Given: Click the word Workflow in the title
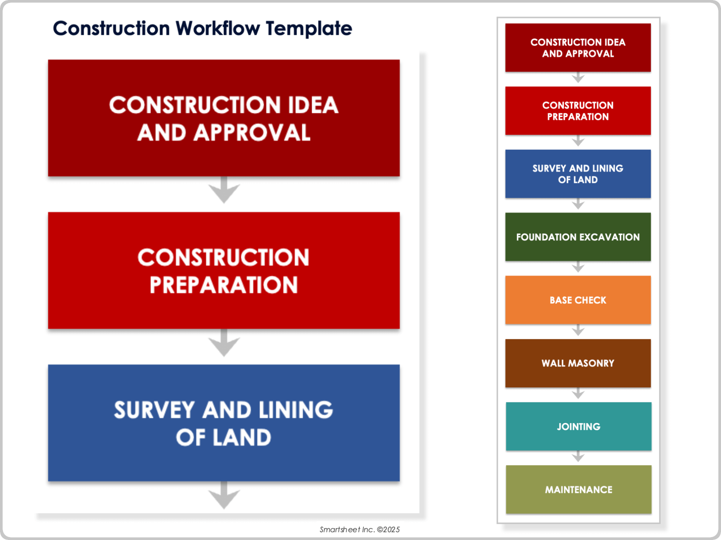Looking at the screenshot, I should pyautogui.click(x=217, y=28).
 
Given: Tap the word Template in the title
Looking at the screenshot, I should pyautogui.click(x=309, y=28).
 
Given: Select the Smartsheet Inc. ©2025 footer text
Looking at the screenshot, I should pyautogui.click(x=359, y=529).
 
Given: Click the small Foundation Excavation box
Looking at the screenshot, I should pyautogui.click(x=578, y=237).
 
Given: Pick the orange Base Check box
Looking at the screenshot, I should pyautogui.click(x=578, y=300).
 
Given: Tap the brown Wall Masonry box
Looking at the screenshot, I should pyautogui.click(x=578, y=363).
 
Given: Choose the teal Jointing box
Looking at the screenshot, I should pyautogui.click(x=578, y=426).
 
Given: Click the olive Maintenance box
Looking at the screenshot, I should pyautogui.click(x=578, y=489).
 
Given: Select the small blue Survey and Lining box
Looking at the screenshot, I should pyautogui.click(x=578, y=174).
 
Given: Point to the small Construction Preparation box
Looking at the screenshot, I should pyautogui.click(x=578, y=111).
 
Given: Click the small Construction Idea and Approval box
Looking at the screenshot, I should pyautogui.click(x=578, y=48).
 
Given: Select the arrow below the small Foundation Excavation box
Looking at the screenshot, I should pyautogui.click(x=578, y=267).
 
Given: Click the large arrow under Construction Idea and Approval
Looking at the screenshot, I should pyautogui.click(x=224, y=190).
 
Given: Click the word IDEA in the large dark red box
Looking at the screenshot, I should pyautogui.click(x=313, y=105).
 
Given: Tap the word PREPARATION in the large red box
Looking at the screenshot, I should pyautogui.click(x=224, y=285).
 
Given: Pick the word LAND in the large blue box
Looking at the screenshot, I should pyautogui.click(x=242, y=438).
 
